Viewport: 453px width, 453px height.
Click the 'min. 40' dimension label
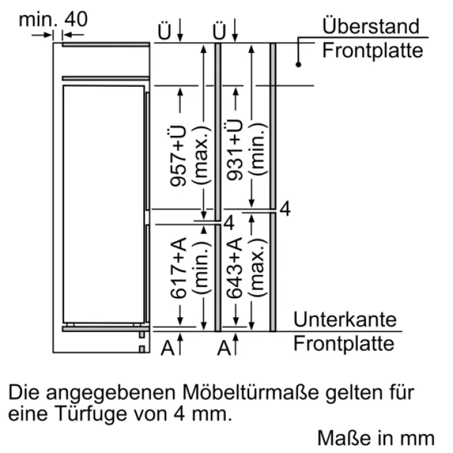pyautogui.click(x=53, y=20)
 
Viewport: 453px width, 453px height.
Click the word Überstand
pyautogui.click(x=371, y=26)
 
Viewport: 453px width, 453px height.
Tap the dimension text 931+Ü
pyautogui.click(x=234, y=150)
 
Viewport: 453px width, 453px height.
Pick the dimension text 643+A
pyautogui.click(x=234, y=268)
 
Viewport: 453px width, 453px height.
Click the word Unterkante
pyautogui.click(x=345, y=320)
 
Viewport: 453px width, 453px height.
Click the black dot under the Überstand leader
pyautogui.click(x=298, y=64)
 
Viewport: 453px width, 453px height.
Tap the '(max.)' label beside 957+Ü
pyautogui.click(x=201, y=155)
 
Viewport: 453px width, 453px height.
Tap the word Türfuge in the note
pyautogui.click(x=91, y=414)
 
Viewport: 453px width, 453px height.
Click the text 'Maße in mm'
pyautogui.click(x=376, y=438)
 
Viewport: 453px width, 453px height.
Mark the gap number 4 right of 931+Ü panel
pyautogui.click(x=285, y=209)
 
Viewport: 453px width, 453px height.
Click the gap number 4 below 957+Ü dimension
pyautogui.click(x=229, y=223)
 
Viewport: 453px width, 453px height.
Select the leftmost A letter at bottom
pyautogui.click(x=167, y=347)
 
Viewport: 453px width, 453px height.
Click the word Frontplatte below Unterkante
pyautogui.click(x=344, y=344)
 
